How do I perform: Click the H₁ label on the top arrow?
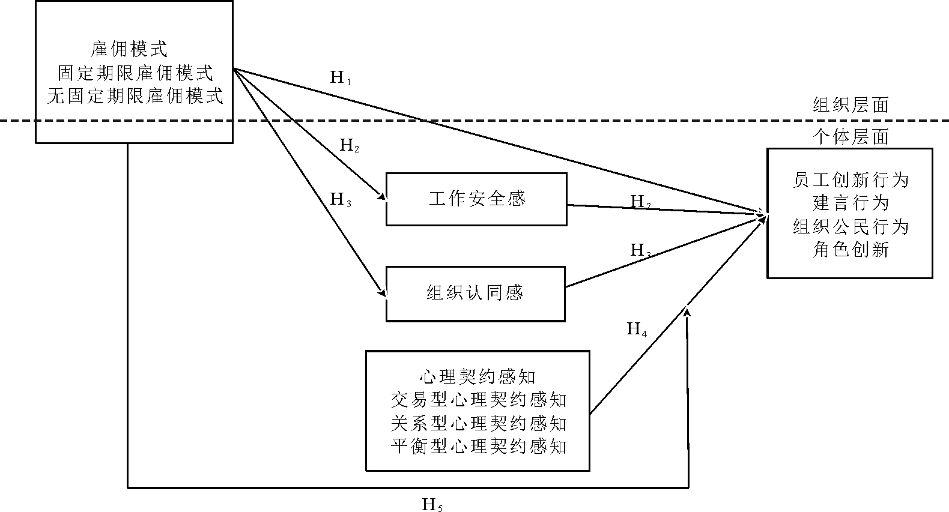coord(340,77)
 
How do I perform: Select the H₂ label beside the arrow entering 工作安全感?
coord(350,145)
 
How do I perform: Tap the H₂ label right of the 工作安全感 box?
coord(640,202)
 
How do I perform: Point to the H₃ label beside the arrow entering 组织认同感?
coord(341,199)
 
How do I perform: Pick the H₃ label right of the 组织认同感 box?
coord(640,250)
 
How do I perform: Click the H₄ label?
coord(637,329)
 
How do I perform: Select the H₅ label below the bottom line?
coord(432,505)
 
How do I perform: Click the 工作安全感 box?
coord(476,199)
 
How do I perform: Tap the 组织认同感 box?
coord(475,294)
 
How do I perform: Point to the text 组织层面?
coord(850,106)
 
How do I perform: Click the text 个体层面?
coord(850,137)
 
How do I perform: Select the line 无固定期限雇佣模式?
coord(135,96)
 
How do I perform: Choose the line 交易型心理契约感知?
coord(478,400)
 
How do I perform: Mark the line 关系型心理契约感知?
coord(478,423)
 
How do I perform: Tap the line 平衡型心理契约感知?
coord(478,447)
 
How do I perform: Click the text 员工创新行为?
coord(850,179)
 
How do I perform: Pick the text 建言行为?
coord(850,203)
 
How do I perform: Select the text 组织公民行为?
coord(850,226)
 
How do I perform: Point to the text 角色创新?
coord(850,250)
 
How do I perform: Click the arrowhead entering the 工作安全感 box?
coord(381,197)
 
